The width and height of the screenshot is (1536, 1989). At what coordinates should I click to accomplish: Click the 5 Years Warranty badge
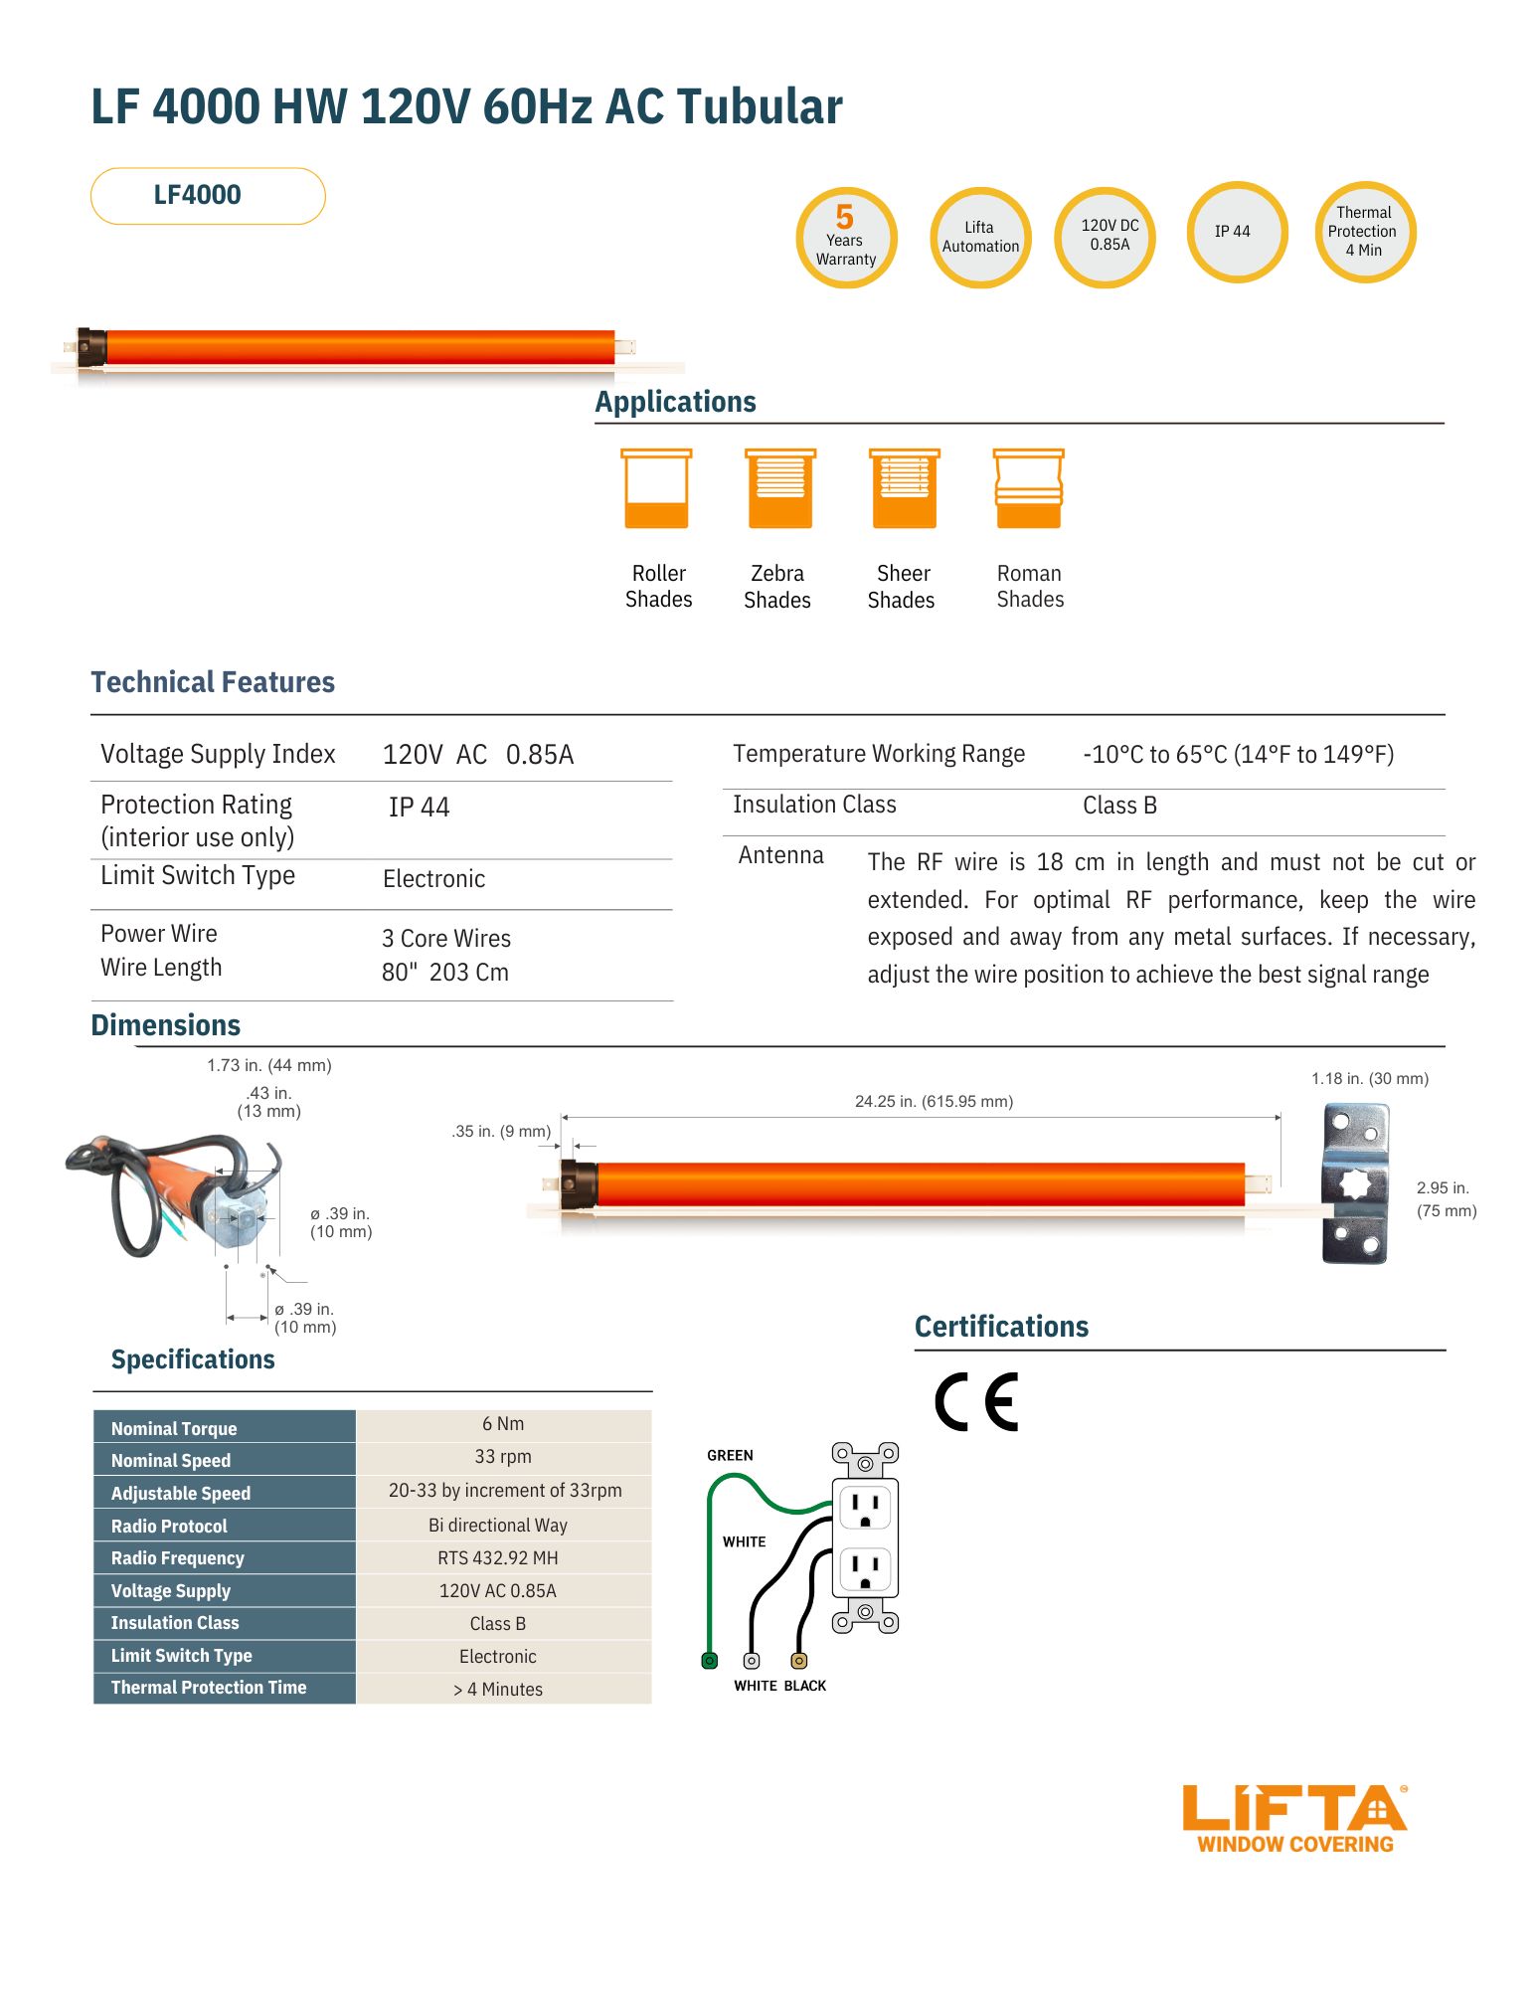(846, 239)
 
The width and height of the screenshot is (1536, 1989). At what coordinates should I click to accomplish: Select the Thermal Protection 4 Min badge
(1364, 233)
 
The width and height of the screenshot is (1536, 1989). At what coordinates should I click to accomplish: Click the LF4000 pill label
(208, 196)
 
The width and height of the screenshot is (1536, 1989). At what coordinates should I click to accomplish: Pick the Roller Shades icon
(656, 488)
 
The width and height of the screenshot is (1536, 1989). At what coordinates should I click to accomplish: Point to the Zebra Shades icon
(780, 488)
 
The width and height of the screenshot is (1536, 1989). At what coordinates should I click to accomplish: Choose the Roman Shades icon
(1029, 488)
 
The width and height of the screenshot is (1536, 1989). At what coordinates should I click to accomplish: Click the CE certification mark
(976, 1401)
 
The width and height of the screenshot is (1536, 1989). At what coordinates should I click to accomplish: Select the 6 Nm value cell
(503, 1424)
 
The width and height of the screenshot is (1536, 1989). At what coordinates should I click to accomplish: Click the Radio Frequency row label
(177, 1558)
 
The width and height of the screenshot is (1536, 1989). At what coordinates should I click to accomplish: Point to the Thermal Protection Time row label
(209, 1688)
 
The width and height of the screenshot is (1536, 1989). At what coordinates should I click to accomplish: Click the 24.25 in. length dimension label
(934, 1102)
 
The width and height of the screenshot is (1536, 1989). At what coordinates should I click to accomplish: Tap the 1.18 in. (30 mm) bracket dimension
(1369, 1079)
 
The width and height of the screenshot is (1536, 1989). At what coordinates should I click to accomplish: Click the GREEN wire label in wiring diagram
(730, 1456)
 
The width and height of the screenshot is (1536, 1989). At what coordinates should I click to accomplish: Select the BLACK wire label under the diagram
(805, 1686)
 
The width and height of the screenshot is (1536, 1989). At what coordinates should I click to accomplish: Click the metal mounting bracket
(1354, 1183)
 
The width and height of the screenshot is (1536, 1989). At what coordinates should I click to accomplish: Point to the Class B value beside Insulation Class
(1119, 806)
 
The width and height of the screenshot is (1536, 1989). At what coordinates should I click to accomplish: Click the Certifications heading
(1001, 1327)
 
